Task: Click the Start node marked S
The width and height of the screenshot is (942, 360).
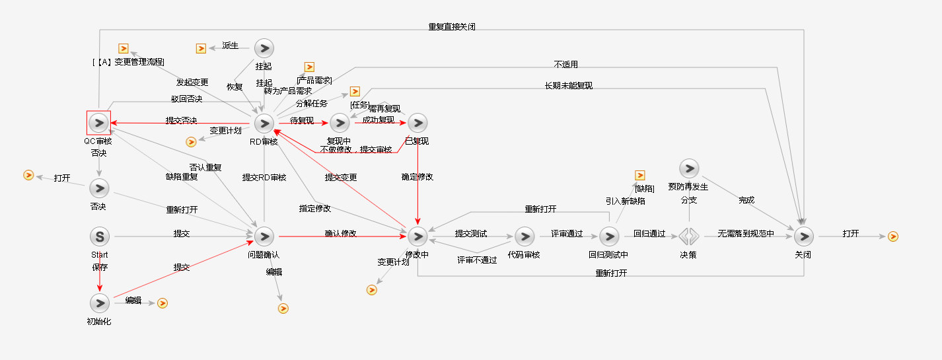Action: point(99,236)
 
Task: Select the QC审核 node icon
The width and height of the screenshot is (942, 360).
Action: point(98,123)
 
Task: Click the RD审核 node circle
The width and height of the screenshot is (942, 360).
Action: point(264,123)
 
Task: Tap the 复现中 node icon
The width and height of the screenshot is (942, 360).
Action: point(340,123)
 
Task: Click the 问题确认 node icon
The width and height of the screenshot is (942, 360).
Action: point(264,236)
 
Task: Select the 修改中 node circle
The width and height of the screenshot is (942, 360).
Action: point(417,236)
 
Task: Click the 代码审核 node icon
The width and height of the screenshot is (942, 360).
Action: point(524,236)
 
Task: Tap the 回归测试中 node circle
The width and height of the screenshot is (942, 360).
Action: point(608,236)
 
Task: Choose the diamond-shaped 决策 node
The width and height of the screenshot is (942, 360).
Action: point(688,236)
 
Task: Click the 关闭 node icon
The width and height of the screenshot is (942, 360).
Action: point(803,236)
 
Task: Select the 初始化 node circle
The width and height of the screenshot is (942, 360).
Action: point(99,303)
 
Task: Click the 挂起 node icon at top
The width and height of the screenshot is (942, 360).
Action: point(264,48)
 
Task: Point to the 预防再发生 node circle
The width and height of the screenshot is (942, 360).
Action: point(688,168)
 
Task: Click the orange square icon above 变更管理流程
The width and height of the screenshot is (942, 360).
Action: point(123,48)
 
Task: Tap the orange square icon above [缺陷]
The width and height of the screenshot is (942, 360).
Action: point(639,175)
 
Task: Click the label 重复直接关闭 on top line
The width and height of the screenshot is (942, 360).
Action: point(452,27)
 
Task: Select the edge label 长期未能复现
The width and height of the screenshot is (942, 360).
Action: point(569,86)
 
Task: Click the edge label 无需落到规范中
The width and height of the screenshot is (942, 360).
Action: point(746,233)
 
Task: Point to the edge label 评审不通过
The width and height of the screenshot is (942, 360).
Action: point(477,260)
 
